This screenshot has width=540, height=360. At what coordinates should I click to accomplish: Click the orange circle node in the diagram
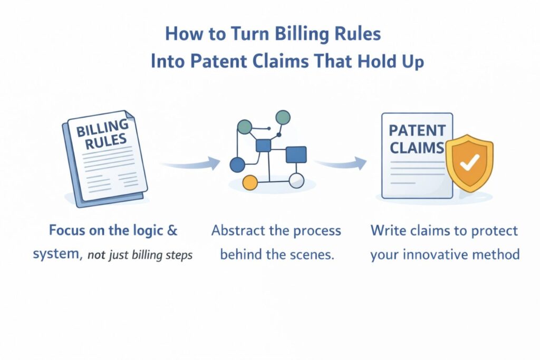coord(249,182)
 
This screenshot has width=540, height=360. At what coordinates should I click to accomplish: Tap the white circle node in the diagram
coord(297,180)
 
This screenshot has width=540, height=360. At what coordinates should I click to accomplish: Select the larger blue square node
coord(296,154)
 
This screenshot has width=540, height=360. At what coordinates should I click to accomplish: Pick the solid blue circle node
coord(238,165)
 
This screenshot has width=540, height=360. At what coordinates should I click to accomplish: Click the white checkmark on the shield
coord(468,164)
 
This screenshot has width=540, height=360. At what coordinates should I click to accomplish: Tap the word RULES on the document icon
coord(108,141)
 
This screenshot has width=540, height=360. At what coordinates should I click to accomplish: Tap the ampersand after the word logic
coord(172,230)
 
